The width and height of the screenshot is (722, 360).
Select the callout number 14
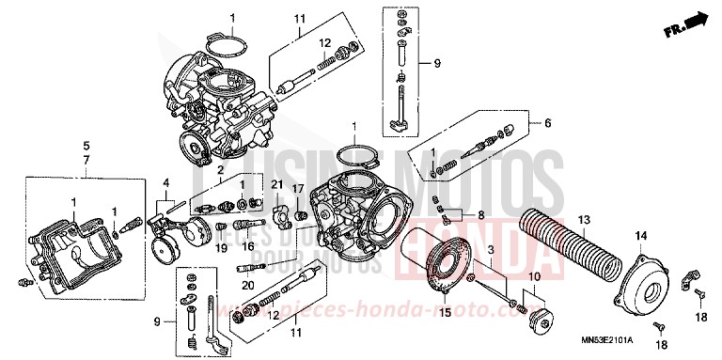coord(642,234)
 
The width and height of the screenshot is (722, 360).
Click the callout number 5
coord(86,160)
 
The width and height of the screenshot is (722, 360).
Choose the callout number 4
coord(165,182)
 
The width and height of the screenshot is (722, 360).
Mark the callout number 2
coord(219,169)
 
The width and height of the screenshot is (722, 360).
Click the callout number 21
coord(276,182)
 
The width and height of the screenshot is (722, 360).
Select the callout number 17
coord(298,189)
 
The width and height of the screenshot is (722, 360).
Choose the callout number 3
coord(491,248)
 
